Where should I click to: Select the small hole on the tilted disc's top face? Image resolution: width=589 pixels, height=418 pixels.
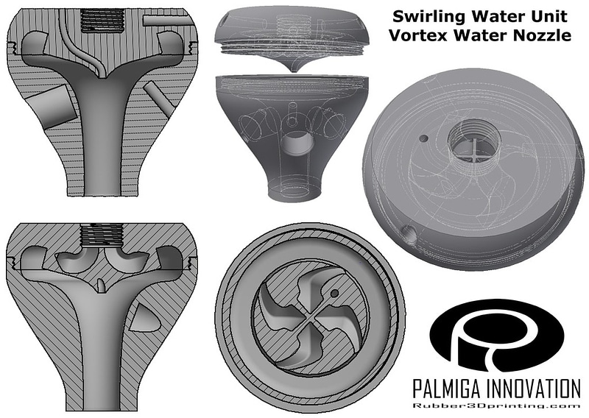[x=423, y=138]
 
